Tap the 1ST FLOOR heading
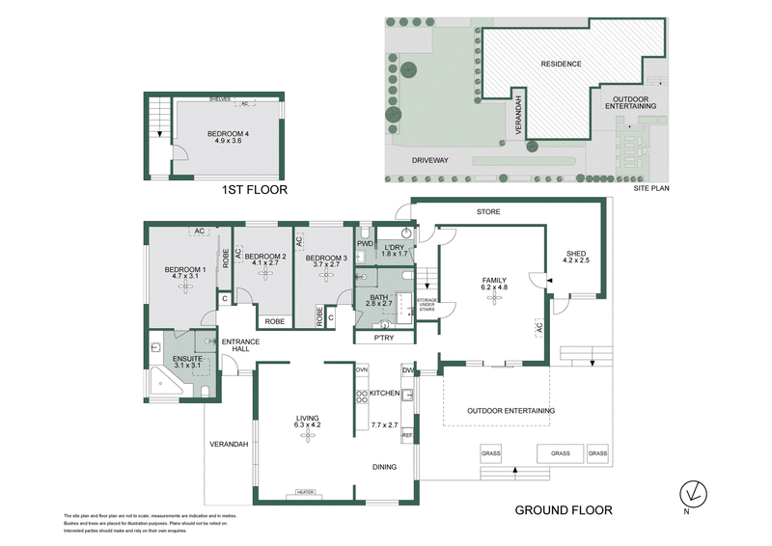coord(256,190)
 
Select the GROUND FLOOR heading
coord(563,509)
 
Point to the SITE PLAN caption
coord(651,190)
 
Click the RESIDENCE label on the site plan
coord(561,64)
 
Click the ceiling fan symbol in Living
coord(308,437)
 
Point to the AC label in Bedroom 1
coord(200,232)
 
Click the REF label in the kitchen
coord(407,436)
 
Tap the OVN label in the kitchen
coord(362,369)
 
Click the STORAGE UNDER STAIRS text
coord(427,308)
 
